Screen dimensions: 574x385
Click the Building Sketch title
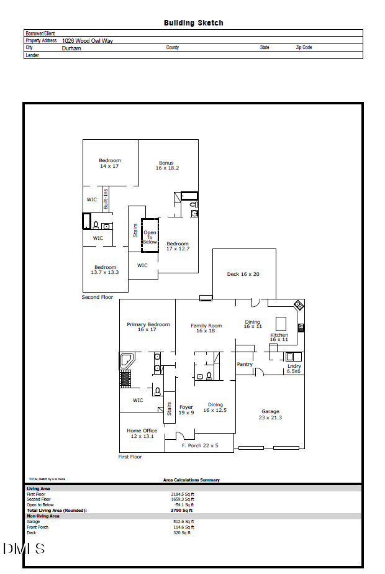193,23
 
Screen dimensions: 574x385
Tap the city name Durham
71,48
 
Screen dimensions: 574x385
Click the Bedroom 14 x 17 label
109,163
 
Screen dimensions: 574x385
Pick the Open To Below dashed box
150,235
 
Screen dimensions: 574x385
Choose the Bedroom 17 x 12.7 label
178,246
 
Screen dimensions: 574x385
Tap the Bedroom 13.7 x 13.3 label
105,270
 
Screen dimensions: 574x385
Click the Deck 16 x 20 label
243,274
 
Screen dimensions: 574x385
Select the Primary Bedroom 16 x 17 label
148,327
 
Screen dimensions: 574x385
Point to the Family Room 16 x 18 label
206,328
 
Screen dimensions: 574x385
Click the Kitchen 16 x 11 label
279,337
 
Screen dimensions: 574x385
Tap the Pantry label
245,365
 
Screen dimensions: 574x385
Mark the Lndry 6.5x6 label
294,368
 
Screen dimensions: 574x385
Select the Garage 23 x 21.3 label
270,414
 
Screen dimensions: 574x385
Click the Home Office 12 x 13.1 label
142,433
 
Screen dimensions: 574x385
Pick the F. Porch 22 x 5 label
199,446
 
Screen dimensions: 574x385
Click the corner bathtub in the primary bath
127,361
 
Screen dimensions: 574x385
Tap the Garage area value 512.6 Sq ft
183,522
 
